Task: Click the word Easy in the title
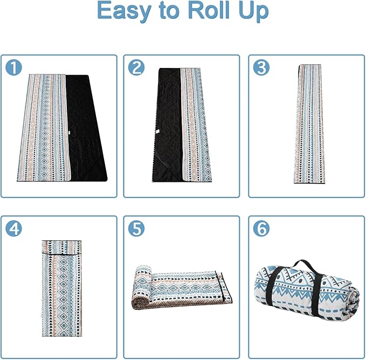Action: coord(124,11)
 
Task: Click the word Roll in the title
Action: coord(209,10)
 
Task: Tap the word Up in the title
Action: coord(253,12)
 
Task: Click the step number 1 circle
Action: coord(13,67)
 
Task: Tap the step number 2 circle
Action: coord(136,67)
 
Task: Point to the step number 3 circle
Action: coord(261,67)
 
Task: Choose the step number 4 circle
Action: coord(13,228)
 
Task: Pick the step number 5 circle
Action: coord(136,228)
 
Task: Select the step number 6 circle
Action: coord(261,228)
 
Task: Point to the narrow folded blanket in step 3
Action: coord(308,124)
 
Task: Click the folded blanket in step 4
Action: coord(62,288)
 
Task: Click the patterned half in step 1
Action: coord(44,127)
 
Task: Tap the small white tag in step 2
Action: coord(158,131)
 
